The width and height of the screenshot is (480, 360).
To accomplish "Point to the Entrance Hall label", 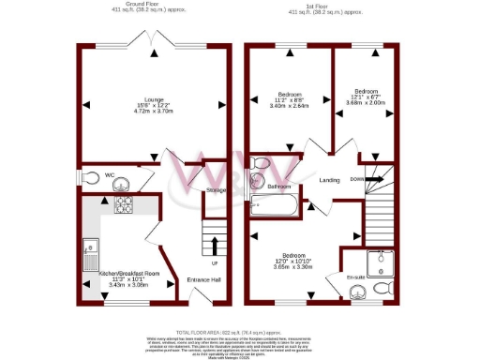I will (202, 279).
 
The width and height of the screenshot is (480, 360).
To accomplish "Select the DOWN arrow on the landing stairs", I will (372, 179).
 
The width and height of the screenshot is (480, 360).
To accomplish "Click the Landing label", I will (330, 180).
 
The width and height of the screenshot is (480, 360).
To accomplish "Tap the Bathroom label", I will (279, 187).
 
